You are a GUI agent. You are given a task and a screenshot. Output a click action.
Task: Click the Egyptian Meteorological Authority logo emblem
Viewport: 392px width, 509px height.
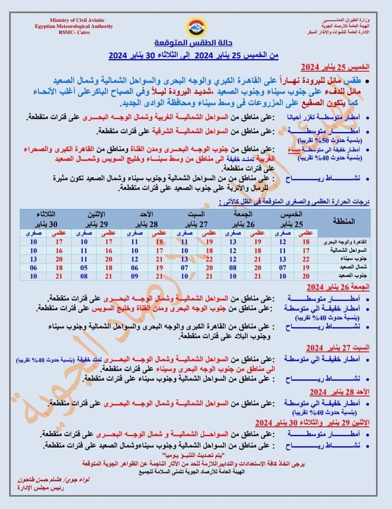pos(195,26)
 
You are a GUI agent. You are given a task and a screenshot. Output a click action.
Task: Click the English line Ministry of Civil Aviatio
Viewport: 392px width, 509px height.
pos(73,20)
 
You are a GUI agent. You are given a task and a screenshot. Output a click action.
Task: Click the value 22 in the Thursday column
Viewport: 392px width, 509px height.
pos(305,259)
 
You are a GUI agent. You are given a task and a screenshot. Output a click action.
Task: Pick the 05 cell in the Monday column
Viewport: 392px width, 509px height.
pos(84,268)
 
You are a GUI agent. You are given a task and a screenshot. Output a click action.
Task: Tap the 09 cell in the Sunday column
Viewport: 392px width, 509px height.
pos(134,276)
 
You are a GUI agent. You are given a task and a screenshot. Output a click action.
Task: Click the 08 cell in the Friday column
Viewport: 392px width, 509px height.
pos(232,268)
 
